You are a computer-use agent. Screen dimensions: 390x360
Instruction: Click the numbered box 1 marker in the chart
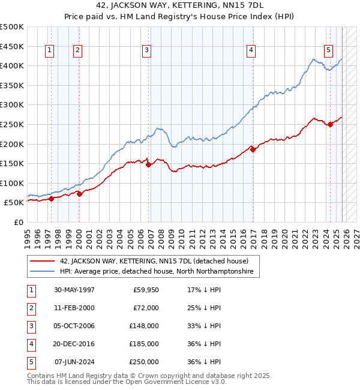point(49,51)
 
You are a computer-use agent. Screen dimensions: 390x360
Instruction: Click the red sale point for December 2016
point(253,150)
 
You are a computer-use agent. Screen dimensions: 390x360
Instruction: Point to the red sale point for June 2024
point(330,124)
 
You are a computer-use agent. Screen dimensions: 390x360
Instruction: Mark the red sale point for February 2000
point(79,194)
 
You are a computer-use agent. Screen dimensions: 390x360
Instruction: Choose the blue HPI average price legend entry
point(156,272)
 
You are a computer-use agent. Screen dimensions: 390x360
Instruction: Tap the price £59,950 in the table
point(144,290)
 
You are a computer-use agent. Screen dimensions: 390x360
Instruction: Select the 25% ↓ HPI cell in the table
point(204,308)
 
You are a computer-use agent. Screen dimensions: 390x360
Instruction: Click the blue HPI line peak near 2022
point(313,59)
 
